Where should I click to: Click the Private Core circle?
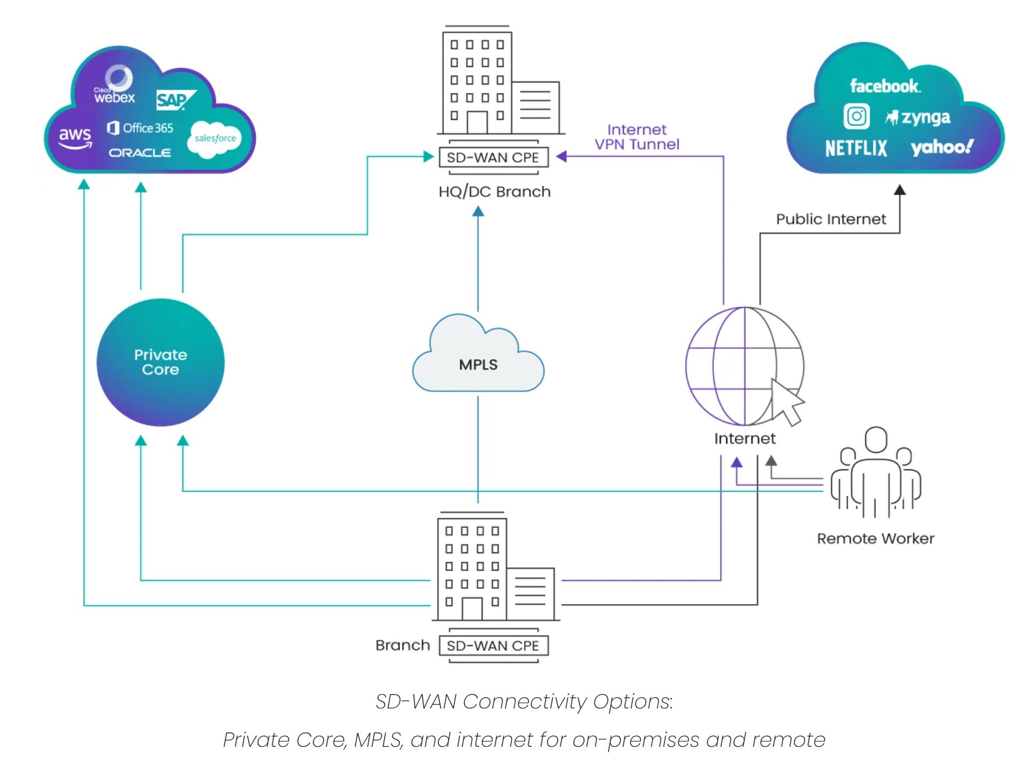[160, 362]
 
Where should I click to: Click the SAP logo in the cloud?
[175, 100]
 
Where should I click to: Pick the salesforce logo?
[215, 139]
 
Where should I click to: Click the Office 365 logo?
[141, 128]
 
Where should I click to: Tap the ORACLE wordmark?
[140, 153]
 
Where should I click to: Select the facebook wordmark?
[884, 86]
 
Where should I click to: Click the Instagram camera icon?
[856, 116]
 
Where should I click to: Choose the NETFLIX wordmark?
[856, 148]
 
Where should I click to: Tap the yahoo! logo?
[941, 147]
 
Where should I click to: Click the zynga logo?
[918, 117]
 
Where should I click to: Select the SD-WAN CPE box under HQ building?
[493, 158]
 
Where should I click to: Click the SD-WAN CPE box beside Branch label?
[493, 646]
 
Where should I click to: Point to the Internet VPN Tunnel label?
[637, 137]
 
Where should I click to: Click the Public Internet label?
[831, 219]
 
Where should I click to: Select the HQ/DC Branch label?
[494, 192]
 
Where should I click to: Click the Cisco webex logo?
[116, 87]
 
